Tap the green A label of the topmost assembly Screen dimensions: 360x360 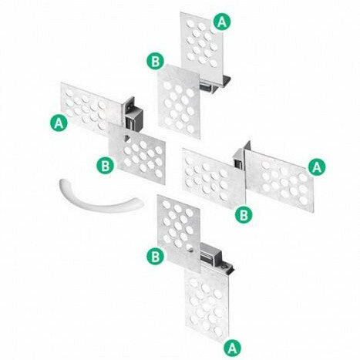[x=222, y=22]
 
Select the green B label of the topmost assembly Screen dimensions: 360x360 [x=155, y=61]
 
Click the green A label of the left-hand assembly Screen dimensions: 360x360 [x=59, y=123]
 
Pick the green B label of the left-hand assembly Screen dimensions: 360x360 [x=105, y=165]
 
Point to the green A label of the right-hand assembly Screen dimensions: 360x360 [x=317, y=167]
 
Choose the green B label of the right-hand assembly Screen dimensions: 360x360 [x=244, y=215]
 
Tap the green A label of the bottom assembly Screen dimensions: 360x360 [x=232, y=348]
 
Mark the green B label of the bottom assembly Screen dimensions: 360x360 [x=155, y=256]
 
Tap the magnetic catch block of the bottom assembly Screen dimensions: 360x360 [x=210, y=254]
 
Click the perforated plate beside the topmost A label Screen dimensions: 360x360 [x=202, y=44]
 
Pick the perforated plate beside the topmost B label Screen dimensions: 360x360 [x=179, y=102]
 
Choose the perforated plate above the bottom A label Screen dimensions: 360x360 [x=207, y=303]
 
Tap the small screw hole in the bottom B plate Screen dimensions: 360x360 [x=190, y=248]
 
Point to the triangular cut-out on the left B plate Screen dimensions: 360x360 [x=127, y=138]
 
